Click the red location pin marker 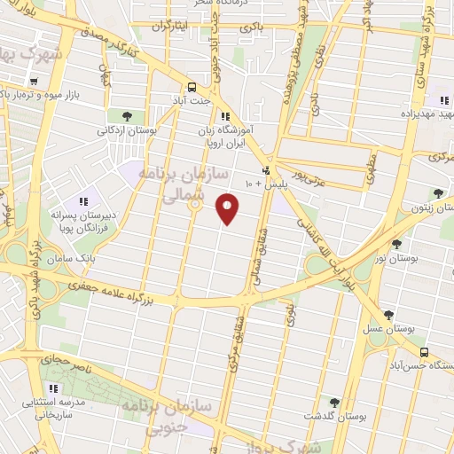pyautogui.click(x=229, y=208)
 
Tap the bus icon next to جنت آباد pyautogui.click(x=192, y=87)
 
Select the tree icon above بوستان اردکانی pyautogui.click(x=128, y=116)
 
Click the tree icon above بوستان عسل pyautogui.click(x=388, y=314)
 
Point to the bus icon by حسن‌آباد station pyautogui.click(x=424, y=352)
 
